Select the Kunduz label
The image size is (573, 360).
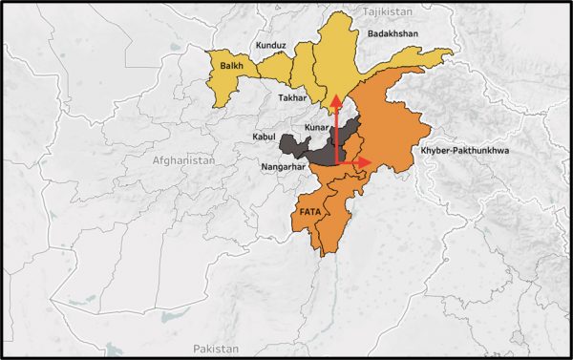(271, 46)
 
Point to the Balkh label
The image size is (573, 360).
(230, 67)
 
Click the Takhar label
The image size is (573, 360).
(291, 98)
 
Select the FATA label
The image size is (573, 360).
(310, 212)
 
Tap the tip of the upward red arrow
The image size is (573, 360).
(335, 95)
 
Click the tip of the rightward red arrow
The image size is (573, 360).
(371, 163)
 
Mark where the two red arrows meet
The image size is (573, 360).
(335, 163)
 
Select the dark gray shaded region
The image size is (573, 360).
(306, 148)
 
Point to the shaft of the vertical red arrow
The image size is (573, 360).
(335, 129)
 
